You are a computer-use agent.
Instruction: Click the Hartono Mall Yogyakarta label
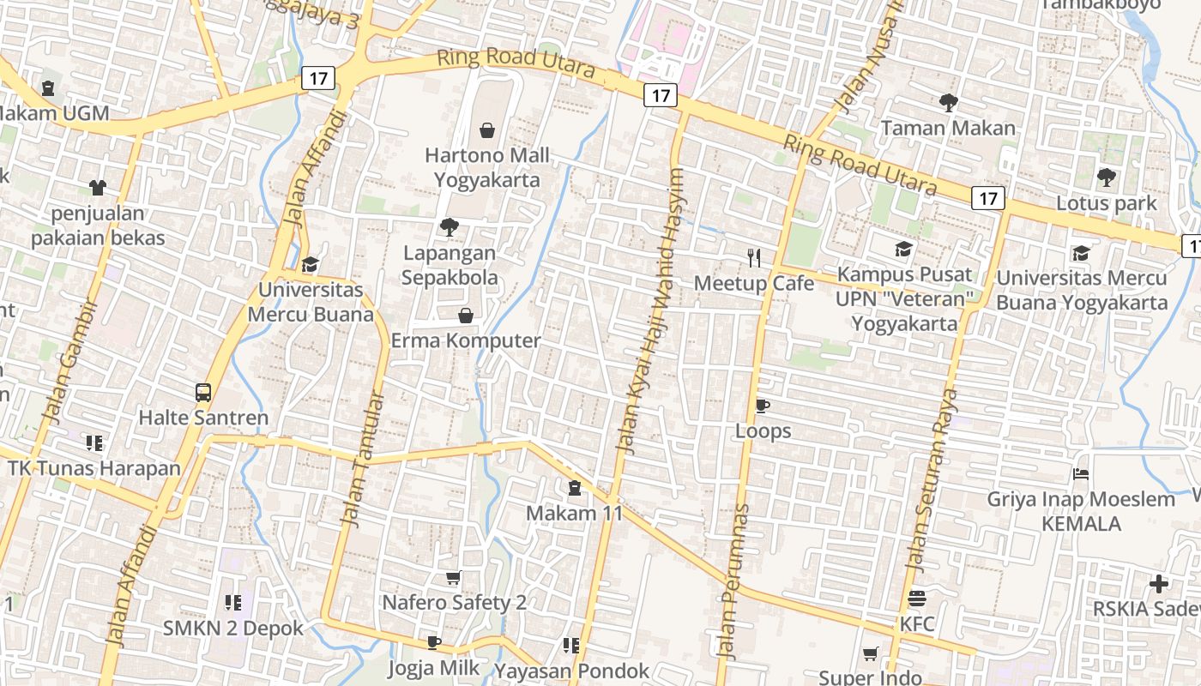[487, 168]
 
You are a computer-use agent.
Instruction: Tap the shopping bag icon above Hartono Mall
[487, 130]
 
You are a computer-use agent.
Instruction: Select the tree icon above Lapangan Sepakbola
[448, 227]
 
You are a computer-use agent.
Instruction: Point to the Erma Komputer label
[466, 340]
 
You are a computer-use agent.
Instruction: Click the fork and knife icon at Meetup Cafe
[754, 257]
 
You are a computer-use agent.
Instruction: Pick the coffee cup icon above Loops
[763, 406]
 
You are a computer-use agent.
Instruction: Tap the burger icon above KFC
[917, 599]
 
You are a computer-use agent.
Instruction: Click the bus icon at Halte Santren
[203, 393]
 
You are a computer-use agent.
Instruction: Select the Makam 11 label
[574, 513]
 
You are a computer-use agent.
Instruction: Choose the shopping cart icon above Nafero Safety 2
[454, 578]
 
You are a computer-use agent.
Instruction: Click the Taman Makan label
[948, 129]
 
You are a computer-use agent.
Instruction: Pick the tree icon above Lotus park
[1106, 178]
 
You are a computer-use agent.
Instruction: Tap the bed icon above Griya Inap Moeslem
[1081, 474]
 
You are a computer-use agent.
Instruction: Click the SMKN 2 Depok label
[233, 628]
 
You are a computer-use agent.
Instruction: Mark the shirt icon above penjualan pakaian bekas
[97, 188]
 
